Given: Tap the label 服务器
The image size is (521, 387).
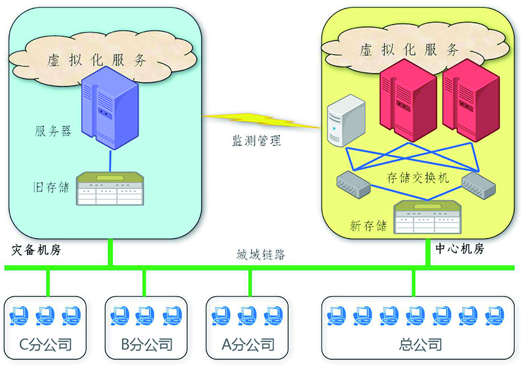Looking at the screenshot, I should click(53, 131).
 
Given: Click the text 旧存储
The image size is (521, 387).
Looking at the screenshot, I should click(51, 186).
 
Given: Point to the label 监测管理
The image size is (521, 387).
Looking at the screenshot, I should click(256, 141).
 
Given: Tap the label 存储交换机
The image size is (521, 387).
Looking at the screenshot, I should click(418, 178).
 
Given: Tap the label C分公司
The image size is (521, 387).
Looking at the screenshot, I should click(46, 344).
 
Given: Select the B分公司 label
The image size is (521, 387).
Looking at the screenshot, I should click(146, 344).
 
